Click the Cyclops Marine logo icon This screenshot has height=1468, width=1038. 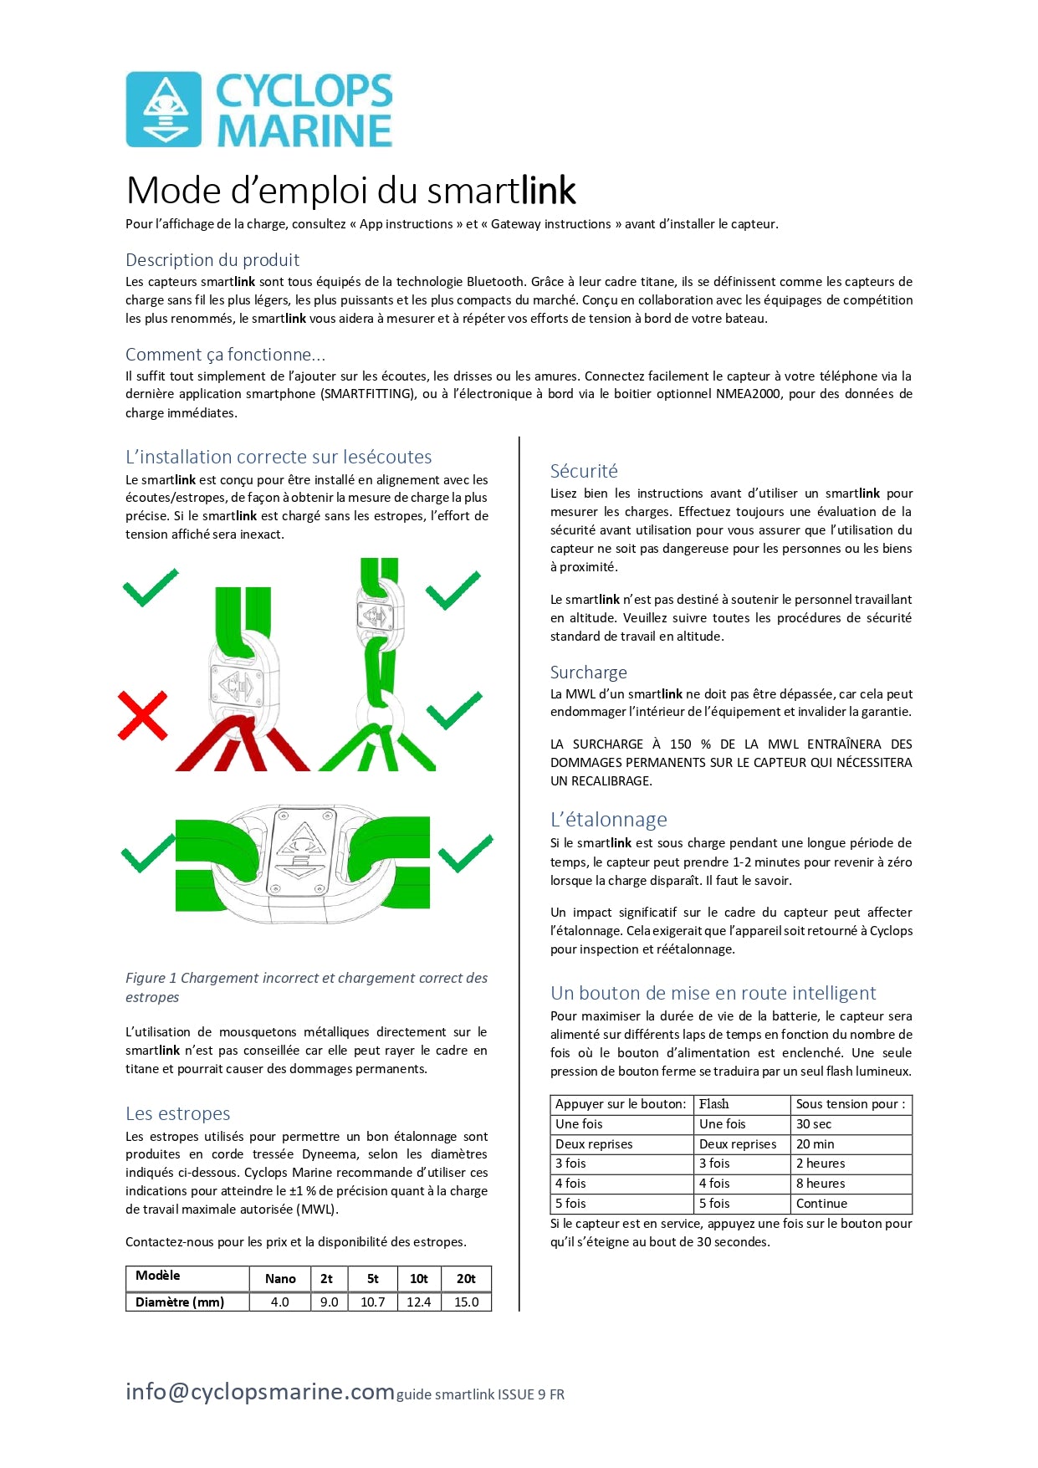164,110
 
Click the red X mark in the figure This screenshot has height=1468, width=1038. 142,715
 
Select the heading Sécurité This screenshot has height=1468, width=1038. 584,471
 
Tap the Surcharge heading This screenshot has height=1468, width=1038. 588,673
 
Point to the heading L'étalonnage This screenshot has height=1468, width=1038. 608,820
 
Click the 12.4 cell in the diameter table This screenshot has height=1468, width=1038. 418,1302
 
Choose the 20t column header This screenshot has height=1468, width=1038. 466,1279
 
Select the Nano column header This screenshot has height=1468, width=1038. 280,1279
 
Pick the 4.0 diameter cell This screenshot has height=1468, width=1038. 280,1302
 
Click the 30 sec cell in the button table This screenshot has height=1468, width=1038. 814,1124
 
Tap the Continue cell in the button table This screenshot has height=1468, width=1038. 821,1204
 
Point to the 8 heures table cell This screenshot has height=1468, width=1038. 821,1184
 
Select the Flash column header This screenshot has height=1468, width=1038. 714,1104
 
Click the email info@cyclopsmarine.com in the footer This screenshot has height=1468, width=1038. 259,1392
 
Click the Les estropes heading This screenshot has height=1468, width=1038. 177,1114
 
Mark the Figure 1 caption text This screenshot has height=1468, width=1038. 306,987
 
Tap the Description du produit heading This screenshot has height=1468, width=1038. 212,260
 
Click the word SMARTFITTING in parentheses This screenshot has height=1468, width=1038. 368,394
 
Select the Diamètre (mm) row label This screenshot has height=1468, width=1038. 180,1302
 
